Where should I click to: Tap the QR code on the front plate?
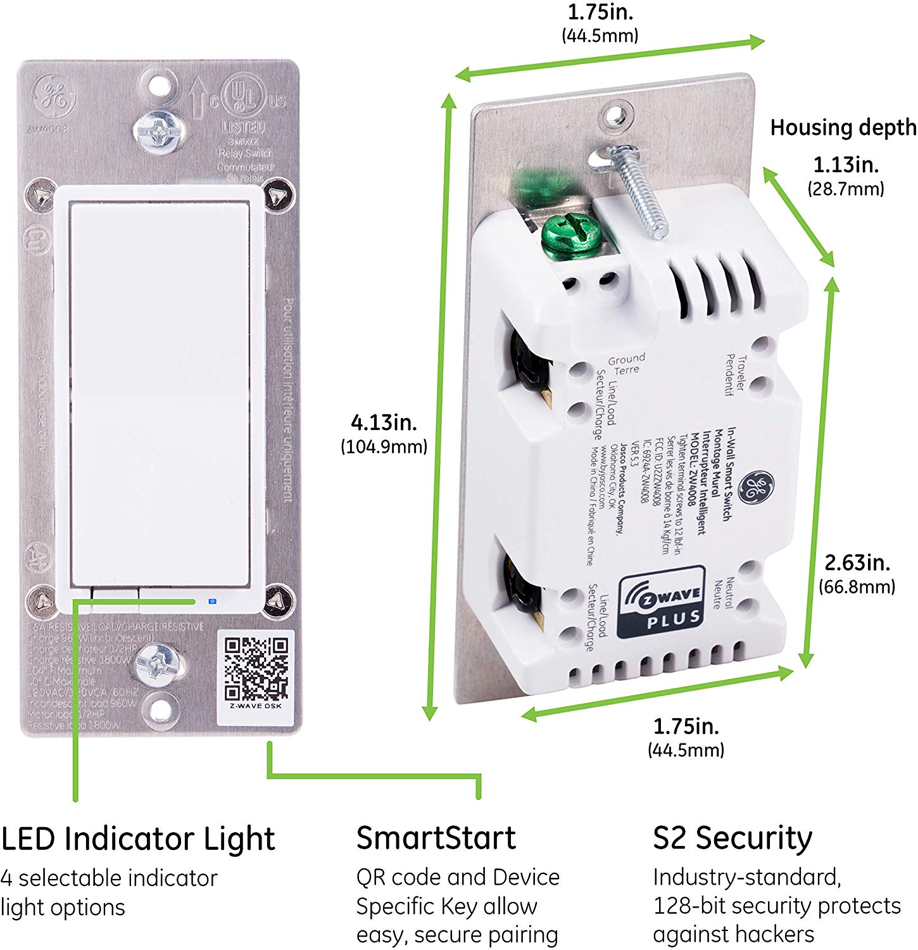point(256,668)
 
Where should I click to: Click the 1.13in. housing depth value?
point(846,166)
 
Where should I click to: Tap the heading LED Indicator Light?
point(138,839)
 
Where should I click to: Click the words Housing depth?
point(843,127)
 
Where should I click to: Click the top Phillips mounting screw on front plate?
point(157,132)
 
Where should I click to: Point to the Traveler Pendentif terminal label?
point(734,375)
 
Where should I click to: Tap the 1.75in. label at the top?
point(600,12)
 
